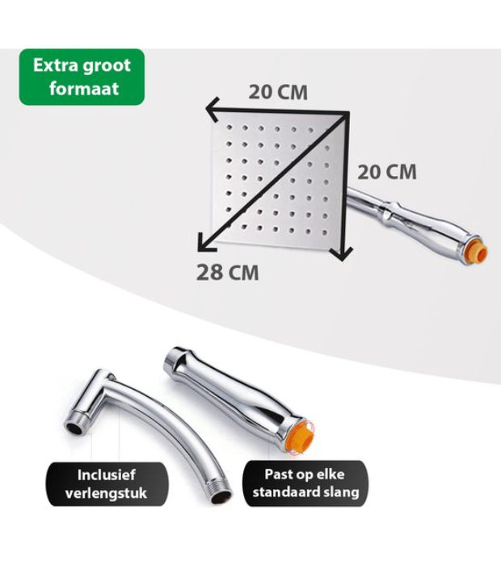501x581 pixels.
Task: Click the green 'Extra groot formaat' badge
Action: tap(82, 77)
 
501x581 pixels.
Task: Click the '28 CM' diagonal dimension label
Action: tap(227, 273)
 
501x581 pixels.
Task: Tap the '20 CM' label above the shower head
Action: tap(278, 92)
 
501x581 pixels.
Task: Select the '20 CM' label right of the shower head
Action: tap(387, 173)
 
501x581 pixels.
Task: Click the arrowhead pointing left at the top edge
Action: tap(213, 109)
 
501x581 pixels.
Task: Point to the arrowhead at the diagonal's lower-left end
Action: tap(205, 243)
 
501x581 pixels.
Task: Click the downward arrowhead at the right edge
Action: tap(342, 253)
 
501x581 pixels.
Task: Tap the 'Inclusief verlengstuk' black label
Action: tap(107, 484)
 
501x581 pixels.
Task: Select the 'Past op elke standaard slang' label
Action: tap(305, 483)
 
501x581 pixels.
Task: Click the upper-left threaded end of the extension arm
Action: tap(75, 423)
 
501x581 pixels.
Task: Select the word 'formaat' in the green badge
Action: tap(84, 89)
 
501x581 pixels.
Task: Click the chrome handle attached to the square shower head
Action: tap(412, 223)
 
